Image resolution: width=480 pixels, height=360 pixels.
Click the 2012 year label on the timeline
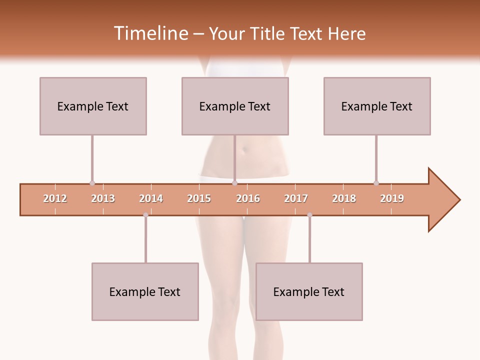click(55, 198)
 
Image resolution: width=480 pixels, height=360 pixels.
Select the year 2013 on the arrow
click(103, 198)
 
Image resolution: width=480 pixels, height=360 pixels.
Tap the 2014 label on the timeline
click(151, 198)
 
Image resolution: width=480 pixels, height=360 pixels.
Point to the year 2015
click(199, 198)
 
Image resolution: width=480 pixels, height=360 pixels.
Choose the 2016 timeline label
click(248, 198)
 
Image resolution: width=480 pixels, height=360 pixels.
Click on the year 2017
click(296, 198)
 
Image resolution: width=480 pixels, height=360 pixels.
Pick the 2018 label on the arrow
click(344, 198)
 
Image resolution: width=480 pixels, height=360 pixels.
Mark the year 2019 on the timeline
click(392, 198)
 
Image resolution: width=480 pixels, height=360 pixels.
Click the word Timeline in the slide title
click(150, 33)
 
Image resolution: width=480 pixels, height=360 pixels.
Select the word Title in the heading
click(269, 33)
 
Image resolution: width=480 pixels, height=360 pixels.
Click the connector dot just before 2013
click(92, 183)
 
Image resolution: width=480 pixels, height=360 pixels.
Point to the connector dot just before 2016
click(234, 183)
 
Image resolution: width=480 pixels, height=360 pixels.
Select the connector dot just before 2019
click(376, 183)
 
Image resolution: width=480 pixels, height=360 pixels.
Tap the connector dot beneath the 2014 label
click(145, 215)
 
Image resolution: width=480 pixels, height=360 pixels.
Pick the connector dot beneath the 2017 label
click(309, 215)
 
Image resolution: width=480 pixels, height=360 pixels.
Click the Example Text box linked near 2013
click(93, 106)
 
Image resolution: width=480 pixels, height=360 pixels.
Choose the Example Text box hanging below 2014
click(145, 291)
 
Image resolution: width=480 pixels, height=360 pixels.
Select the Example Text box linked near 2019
click(377, 106)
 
